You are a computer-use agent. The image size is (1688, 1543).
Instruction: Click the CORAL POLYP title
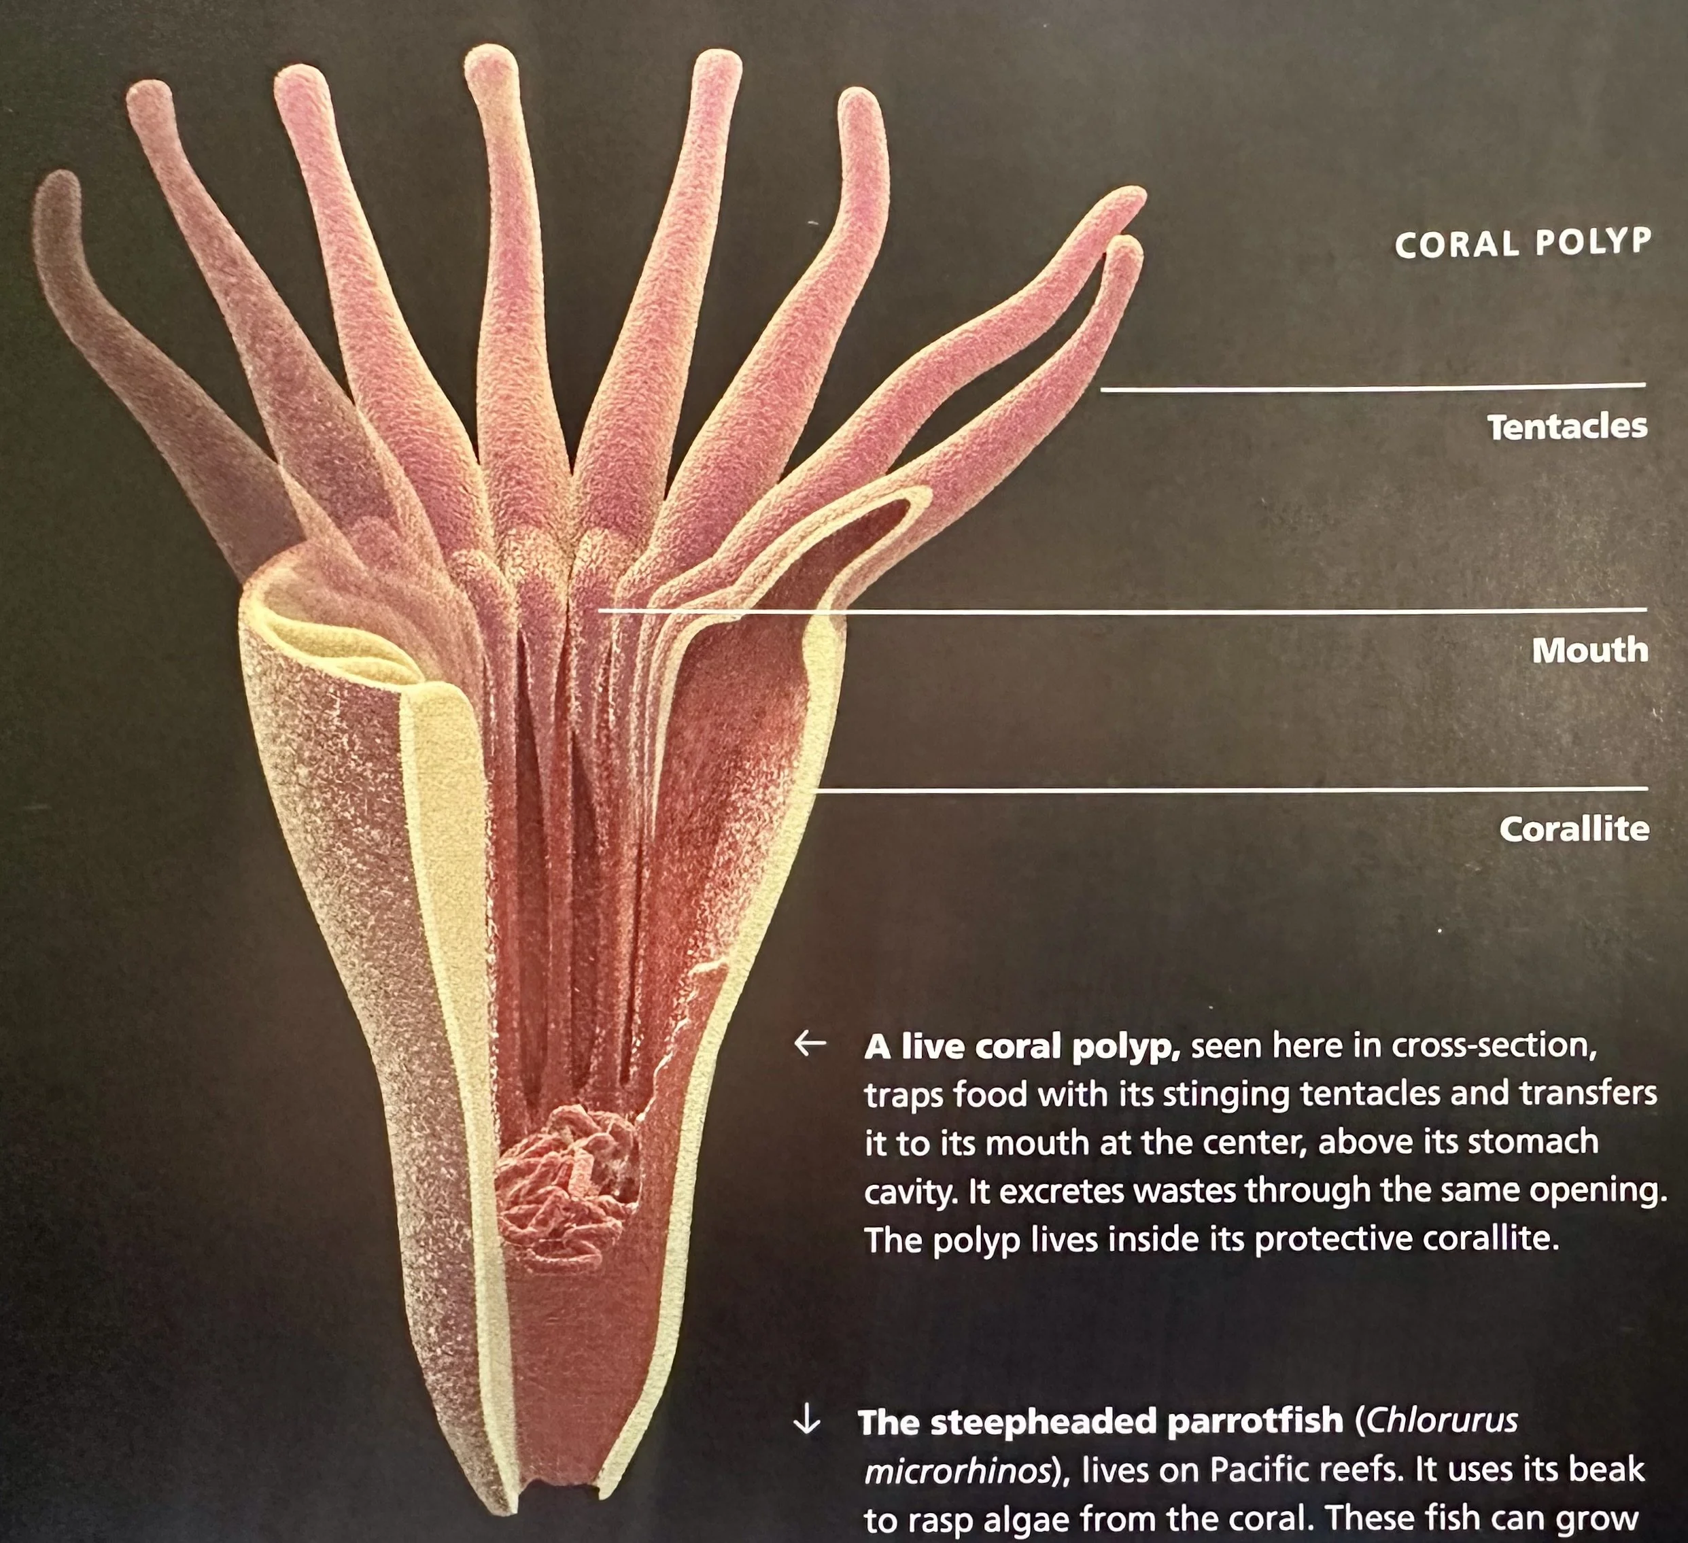click(1522, 243)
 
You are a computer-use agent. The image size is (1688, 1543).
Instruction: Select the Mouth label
click(1589, 650)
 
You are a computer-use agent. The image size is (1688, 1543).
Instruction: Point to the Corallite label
click(1573, 829)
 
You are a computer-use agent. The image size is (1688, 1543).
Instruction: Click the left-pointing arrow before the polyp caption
click(810, 1043)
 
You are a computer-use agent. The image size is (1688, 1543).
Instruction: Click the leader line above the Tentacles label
click(1373, 387)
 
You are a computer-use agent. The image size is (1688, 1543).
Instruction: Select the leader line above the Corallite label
click(1231, 788)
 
